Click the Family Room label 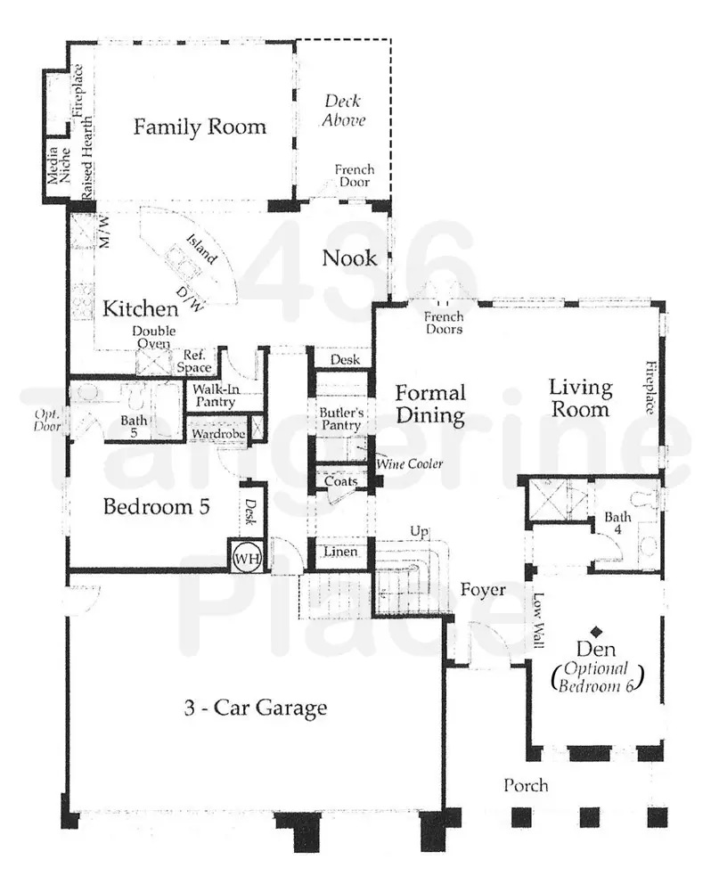200,127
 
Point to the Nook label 349,258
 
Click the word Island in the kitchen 200,250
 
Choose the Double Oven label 154,337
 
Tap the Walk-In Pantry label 211,396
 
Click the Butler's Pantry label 340,419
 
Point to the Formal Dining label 430,404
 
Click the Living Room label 580,398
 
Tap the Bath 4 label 617,523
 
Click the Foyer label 483,590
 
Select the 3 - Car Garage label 256,708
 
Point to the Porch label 526,785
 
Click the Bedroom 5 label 156,507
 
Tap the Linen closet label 339,553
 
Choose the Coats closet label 340,481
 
